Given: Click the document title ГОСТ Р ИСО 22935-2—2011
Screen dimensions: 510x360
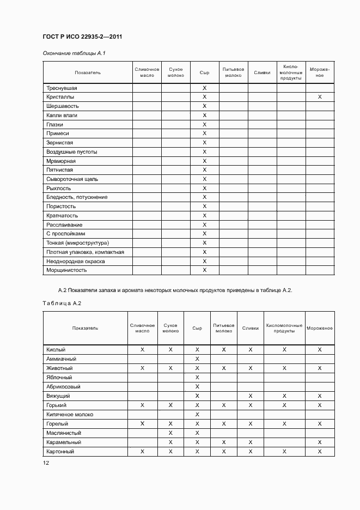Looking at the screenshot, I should tap(82, 37).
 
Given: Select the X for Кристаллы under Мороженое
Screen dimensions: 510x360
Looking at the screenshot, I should tap(320, 97).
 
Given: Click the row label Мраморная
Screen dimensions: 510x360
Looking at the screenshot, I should tap(61, 161).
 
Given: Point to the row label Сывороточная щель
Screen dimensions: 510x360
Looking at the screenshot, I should tap(72, 179).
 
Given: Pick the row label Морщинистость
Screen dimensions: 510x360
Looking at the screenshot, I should tap(66, 270).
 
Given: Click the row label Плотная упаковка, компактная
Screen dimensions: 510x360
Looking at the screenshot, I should tap(85, 252).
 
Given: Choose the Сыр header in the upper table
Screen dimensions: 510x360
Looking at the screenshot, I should tap(204, 72).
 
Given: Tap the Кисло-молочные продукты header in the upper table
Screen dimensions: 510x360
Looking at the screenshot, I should tap(291, 72).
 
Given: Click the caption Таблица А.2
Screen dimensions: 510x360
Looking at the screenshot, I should tap(62, 303).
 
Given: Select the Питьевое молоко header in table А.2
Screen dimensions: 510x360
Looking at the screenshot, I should tap(224, 328).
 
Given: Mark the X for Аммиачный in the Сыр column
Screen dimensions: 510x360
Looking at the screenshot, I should tap(197, 359).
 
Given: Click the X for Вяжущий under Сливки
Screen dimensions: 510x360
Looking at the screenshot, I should tap(251, 396).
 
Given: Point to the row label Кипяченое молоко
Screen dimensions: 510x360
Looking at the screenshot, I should tap(70, 414).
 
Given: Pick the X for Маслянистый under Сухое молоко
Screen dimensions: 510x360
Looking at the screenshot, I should tap(170, 433).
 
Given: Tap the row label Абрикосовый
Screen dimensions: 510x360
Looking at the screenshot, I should tap(64, 386).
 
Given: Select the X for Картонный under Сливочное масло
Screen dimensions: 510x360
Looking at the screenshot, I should tap(142, 451).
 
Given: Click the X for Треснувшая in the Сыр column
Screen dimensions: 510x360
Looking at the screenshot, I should tap(205, 88).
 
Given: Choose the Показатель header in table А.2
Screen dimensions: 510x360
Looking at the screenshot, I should tap(85, 328).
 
